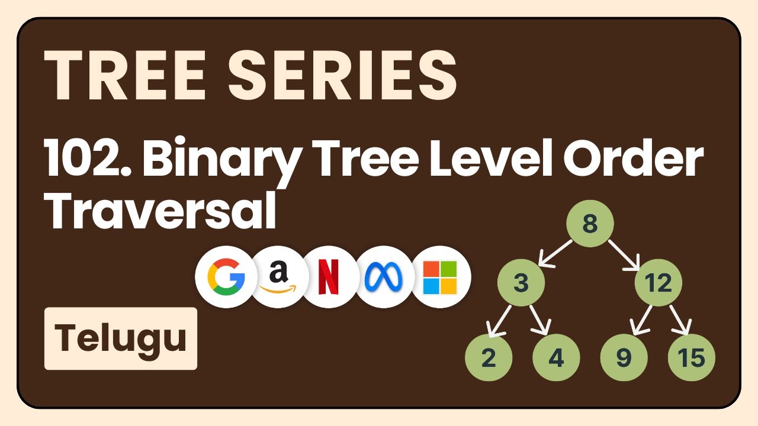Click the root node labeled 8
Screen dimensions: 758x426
tap(589, 224)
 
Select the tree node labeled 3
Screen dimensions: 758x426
tap(521, 283)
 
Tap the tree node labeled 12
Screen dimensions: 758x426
tap(658, 283)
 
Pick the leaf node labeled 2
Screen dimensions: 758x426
tap(489, 358)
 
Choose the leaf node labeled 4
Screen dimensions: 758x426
tap(556, 358)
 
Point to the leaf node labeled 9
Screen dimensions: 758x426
tap(624, 358)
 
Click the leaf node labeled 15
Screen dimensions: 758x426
tap(691, 358)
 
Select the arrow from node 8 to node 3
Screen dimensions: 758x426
tap(554, 253)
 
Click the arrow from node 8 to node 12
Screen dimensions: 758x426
tap(624, 253)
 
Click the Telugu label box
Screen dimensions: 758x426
tap(121, 338)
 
